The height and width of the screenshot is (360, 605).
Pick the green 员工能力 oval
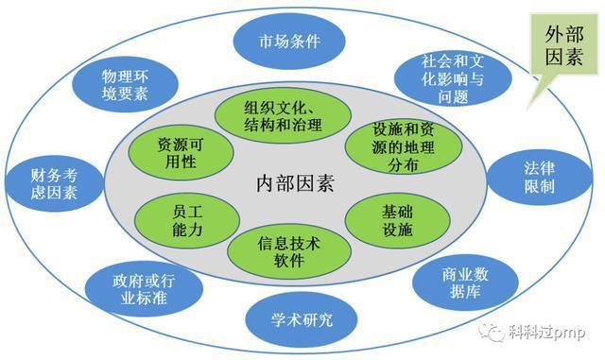tap(176, 218)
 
